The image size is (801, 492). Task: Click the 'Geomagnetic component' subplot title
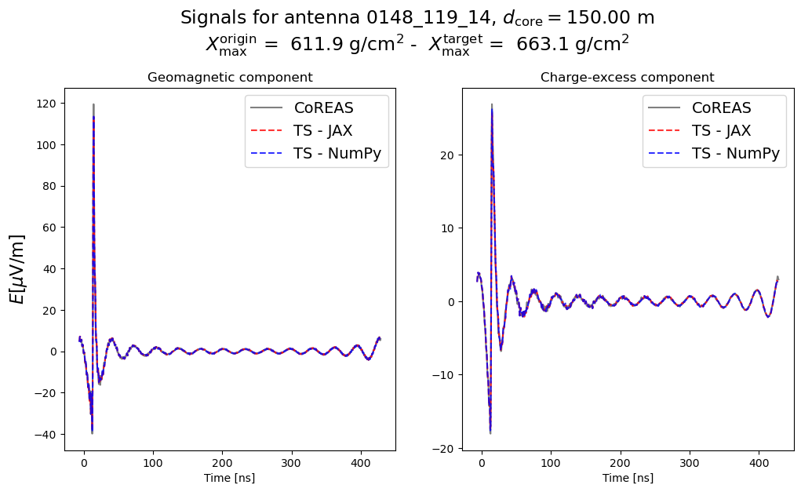click(x=230, y=78)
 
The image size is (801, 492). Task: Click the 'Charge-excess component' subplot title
click(x=627, y=78)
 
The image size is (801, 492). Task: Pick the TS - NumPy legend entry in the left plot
click(x=337, y=154)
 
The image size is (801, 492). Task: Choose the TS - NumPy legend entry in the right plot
click(x=735, y=154)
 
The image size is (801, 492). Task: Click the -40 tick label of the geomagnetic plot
click(x=49, y=434)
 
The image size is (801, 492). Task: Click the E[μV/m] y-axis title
click(x=17, y=269)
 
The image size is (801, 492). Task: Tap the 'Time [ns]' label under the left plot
click(x=230, y=478)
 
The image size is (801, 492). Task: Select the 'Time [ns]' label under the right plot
click(x=628, y=478)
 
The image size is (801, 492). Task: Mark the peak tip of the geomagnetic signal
click(x=93, y=104)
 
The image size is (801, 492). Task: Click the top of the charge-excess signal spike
click(x=492, y=104)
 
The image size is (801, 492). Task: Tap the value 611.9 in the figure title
click(x=316, y=45)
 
